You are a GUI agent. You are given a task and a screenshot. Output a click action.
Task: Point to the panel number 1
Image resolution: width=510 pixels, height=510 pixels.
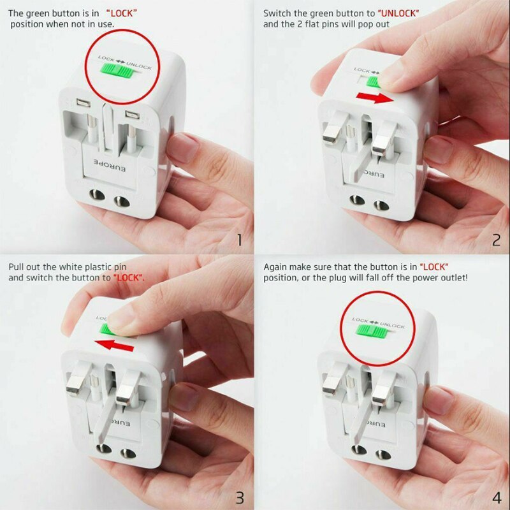(240, 240)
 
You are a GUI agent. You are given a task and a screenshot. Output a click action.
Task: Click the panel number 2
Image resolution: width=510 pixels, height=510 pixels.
(496, 240)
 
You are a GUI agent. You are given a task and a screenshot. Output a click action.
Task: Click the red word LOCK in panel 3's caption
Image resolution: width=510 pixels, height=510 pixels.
(129, 279)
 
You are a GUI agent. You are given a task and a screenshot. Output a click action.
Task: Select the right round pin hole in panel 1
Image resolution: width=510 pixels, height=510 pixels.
(119, 203)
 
